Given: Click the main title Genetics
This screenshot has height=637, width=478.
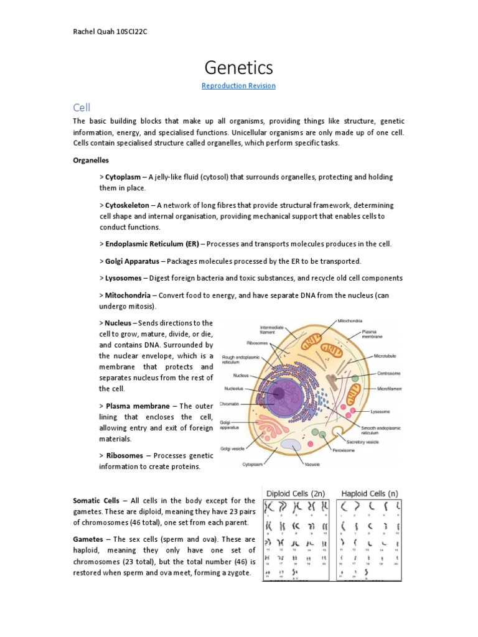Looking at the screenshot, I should click(x=238, y=67).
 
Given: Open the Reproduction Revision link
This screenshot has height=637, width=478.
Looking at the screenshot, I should click(x=238, y=86).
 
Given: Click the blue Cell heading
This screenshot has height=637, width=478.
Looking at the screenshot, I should click(x=82, y=108).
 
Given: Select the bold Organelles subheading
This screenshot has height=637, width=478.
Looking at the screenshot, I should click(x=91, y=160).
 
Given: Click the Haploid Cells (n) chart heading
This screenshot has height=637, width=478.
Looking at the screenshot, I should click(x=369, y=493).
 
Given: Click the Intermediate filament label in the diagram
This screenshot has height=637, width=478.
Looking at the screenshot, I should click(x=273, y=330).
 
